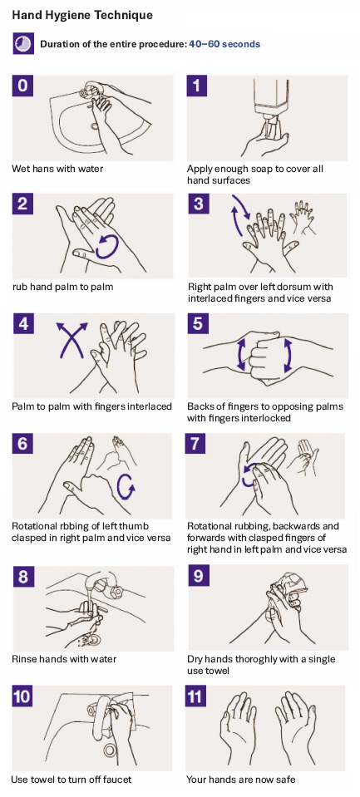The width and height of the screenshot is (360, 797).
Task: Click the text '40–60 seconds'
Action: click(224, 44)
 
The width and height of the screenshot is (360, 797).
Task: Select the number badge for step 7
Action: click(195, 443)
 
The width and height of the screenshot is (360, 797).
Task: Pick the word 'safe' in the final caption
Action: click(286, 780)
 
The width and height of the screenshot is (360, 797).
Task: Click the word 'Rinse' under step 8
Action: click(23, 659)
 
